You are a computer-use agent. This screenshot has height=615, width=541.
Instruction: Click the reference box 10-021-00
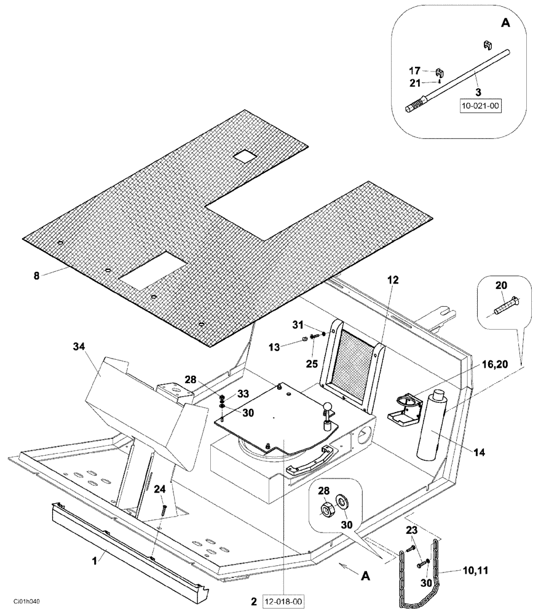point(481,106)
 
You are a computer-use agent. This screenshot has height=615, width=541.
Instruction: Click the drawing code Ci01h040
point(26,602)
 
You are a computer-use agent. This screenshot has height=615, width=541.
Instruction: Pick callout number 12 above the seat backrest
point(393,280)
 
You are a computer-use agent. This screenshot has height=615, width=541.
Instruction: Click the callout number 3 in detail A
point(478,92)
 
